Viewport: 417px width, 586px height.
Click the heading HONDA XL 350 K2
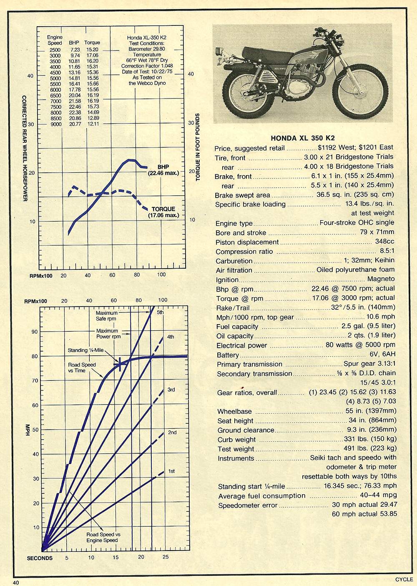tap(303, 138)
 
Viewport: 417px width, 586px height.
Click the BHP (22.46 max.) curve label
tap(163, 170)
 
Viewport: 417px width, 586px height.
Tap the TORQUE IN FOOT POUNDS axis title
tap(198, 147)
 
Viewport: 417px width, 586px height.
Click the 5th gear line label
tap(160, 312)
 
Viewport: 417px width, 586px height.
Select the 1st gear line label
tap(171, 471)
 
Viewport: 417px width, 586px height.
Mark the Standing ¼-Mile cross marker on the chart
tap(120, 364)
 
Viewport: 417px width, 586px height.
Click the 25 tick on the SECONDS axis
tap(165, 557)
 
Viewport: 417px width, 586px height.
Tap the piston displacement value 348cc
tap(384, 242)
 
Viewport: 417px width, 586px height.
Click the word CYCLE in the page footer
tap(404, 579)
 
